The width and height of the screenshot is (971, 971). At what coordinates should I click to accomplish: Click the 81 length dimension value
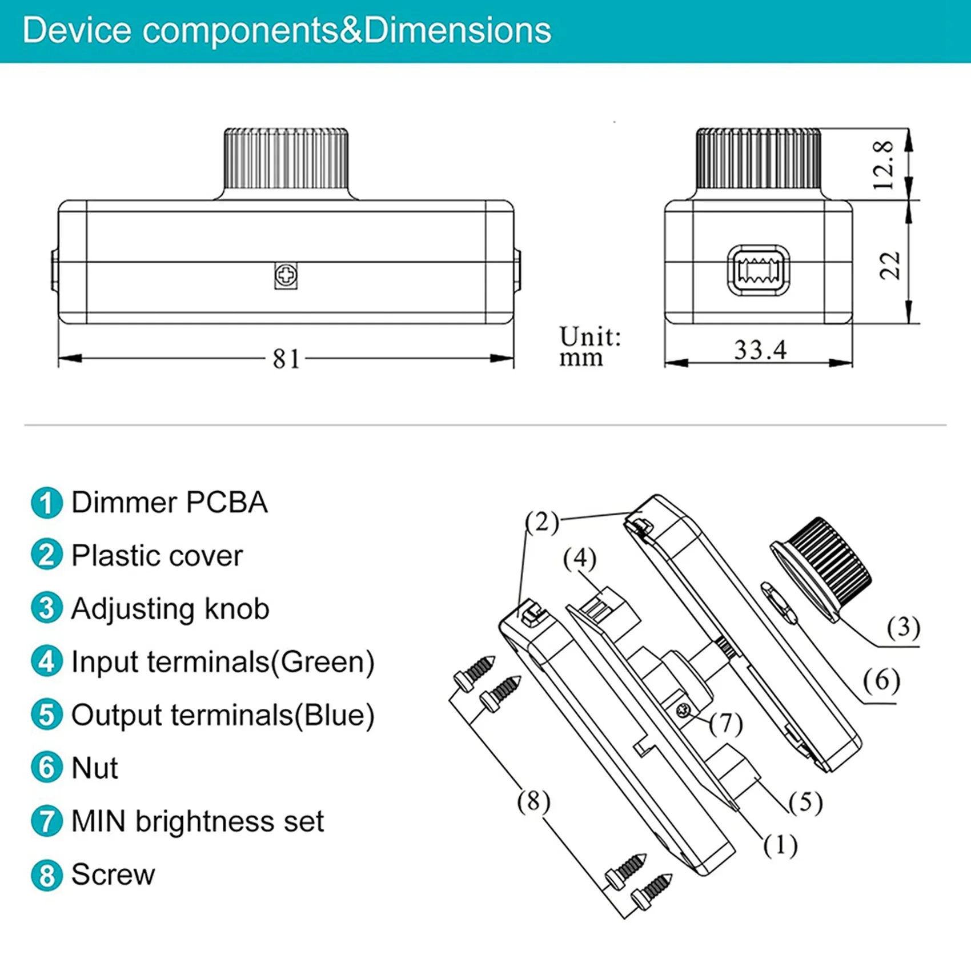point(286,359)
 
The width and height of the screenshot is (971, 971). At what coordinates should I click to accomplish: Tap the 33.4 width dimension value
point(760,350)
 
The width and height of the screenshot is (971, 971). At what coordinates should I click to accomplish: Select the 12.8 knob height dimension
point(883,165)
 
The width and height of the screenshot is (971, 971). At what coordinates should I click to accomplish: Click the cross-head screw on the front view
point(286,276)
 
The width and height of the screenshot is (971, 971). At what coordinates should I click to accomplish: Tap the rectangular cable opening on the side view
point(758,271)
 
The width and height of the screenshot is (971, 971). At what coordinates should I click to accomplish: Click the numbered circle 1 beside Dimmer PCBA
point(46,503)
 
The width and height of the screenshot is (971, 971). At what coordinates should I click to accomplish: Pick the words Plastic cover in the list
point(157,556)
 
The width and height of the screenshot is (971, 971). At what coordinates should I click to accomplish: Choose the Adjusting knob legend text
point(170,609)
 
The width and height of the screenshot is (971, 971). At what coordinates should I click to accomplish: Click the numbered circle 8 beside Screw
point(46,875)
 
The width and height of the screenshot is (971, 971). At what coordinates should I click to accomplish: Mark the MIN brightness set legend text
point(197,821)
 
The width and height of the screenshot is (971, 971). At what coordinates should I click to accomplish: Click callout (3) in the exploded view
point(902,627)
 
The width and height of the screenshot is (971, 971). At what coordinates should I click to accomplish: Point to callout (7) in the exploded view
point(725,724)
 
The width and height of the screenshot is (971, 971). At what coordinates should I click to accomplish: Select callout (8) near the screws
point(533,801)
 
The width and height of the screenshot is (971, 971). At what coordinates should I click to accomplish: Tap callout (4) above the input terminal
point(579,558)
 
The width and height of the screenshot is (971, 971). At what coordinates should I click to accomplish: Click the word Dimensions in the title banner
point(457,30)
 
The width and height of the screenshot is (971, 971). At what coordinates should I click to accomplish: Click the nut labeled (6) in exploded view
point(779,603)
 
